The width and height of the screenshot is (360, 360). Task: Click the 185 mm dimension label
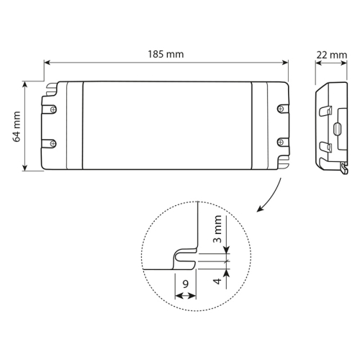[x=166, y=54]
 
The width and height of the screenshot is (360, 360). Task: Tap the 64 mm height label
[x=17, y=127]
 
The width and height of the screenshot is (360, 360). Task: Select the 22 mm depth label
[x=332, y=55]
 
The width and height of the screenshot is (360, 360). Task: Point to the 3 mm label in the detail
[x=217, y=229]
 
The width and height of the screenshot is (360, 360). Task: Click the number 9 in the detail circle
[x=186, y=284]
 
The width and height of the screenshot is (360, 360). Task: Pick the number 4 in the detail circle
[x=217, y=281]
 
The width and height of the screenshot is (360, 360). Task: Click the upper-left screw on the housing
[x=53, y=109]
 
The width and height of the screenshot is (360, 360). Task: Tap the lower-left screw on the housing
[x=53, y=144]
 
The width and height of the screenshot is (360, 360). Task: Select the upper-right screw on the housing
[x=280, y=109]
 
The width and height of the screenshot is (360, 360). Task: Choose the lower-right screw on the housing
[x=280, y=143]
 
